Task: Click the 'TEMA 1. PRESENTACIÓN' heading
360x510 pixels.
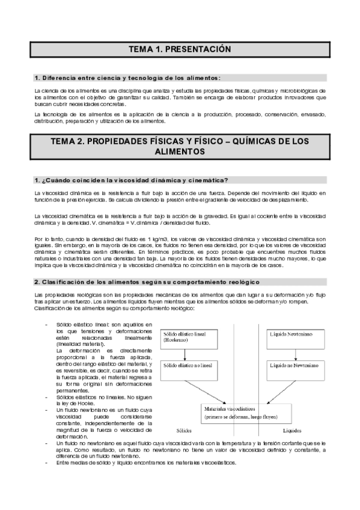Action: pyautogui.click(x=180, y=49)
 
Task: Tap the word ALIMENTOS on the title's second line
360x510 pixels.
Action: pyautogui.click(x=180, y=153)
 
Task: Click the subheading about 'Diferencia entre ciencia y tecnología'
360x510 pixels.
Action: pyautogui.click(x=127, y=78)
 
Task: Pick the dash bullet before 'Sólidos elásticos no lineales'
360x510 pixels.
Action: pyautogui.click(x=47, y=382)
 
